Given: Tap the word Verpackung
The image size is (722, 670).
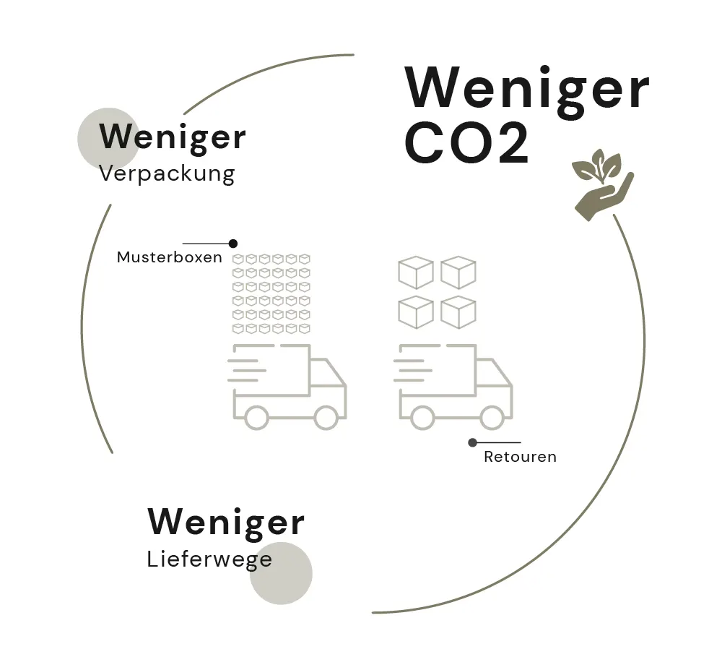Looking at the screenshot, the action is (167, 174).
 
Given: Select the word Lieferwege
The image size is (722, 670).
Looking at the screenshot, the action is (209, 559).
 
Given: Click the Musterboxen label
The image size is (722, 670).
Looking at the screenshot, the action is (170, 257).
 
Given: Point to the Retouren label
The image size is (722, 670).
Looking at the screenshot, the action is (520, 457).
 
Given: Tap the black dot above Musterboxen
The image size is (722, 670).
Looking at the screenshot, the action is (232, 244).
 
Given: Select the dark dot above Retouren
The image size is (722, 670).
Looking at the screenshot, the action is (472, 442).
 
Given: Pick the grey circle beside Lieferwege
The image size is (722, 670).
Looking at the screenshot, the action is (282, 573).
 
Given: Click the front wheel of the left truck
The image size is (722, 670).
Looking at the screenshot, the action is (326, 417).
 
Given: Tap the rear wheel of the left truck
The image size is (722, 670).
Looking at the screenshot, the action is (256, 417).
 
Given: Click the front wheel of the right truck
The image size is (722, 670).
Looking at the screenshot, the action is (492, 417).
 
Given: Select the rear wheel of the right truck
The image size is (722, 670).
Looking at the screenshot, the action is (422, 417).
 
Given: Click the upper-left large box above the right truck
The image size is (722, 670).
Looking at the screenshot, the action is (415, 272).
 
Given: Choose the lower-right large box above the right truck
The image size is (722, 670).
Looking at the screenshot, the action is (458, 312).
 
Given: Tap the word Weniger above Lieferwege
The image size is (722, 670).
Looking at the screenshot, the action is (226, 522).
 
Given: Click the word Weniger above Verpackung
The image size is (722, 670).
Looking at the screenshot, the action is (173, 137).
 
